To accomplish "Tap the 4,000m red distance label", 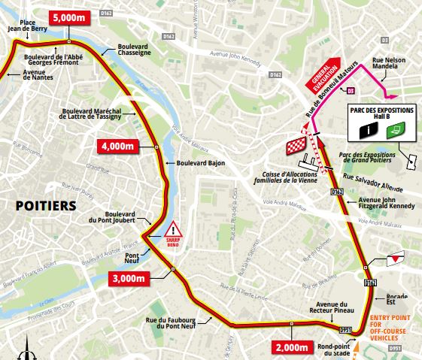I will [120, 144].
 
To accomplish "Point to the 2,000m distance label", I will [290, 346].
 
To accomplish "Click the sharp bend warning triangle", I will [175, 229].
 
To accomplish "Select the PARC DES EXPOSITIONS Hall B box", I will [381, 121].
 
